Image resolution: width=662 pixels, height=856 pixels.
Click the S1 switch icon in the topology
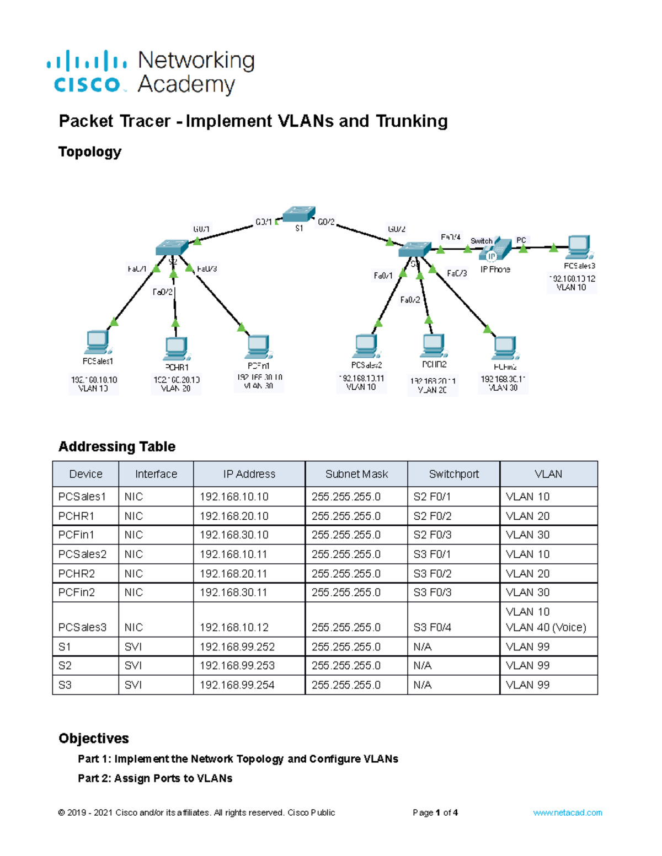click(x=298, y=214)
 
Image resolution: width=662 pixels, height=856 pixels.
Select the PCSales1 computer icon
click(x=98, y=343)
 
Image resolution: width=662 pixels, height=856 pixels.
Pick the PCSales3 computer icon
click(x=579, y=247)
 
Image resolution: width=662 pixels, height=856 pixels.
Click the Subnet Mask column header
click(x=356, y=474)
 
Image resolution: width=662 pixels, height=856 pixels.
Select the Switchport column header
click(x=453, y=474)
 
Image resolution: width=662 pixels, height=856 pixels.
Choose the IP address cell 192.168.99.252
click(x=237, y=647)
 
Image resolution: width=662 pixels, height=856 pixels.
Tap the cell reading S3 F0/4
click(x=433, y=627)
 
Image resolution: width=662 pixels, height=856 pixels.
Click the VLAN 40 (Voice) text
click(x=546, y=627)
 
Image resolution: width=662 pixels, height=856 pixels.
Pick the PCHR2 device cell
click(x=77, y=573)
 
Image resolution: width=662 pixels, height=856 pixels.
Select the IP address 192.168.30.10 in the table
click(x=234, y=535)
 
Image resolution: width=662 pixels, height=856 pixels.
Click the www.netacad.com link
click(x=567, y=812)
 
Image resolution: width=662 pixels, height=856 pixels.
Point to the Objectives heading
click(x=94, y=738)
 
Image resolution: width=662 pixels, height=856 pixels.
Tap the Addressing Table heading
click(x=117, y=446)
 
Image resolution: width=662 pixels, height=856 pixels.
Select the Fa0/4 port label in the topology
click(x=450, y=237)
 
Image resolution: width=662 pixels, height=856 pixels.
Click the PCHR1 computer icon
click(x=177, y=348)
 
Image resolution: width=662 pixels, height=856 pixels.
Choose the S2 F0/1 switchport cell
click(x=432, y=497)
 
